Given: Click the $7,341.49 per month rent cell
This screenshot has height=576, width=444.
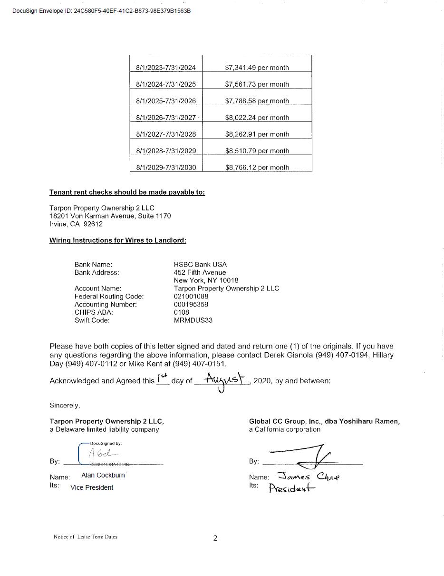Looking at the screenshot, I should [257, 68].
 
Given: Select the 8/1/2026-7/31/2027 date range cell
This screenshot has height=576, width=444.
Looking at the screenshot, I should [166, 118].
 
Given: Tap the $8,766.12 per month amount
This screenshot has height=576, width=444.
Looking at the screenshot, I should [257, 168].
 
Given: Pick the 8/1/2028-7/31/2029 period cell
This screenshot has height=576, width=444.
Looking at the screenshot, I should [166, 151].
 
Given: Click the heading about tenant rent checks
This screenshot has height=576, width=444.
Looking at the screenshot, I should [127, 192].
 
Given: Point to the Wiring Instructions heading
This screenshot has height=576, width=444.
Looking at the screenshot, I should [117, 240].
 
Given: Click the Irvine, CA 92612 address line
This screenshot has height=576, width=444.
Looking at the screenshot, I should [76, 224].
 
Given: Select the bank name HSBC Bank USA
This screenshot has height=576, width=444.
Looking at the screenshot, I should [200, 264].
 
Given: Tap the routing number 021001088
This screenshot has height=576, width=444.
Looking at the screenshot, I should [191, 296].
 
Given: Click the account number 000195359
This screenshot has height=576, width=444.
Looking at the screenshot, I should [191, 304].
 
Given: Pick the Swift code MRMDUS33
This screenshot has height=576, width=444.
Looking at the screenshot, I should [193, 320].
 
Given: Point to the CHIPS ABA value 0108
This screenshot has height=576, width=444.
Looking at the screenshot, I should [181, 312].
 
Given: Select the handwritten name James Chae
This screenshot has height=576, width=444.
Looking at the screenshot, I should [309, 476].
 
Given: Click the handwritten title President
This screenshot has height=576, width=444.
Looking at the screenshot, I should [292, 488].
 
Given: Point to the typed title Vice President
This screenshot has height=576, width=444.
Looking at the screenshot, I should [92, 487].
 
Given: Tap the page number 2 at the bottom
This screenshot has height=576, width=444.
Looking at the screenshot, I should [215, 538].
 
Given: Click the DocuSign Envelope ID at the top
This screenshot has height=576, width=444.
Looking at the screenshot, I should [101, 10].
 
